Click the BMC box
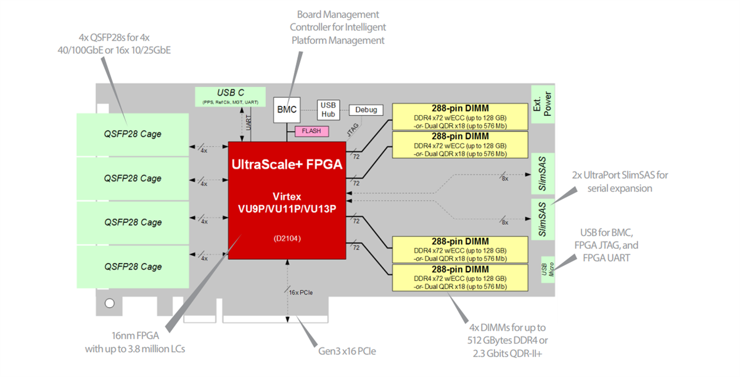point(287,110)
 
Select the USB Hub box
point(328,110)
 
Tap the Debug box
point(366,110)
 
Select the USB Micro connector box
point(548,270)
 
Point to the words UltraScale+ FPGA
point(286,164)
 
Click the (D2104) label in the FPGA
point(286,238)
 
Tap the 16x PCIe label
point(301,292)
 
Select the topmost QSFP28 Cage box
point(132,134)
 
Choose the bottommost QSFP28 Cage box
point(132,267)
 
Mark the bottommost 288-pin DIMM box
point(460,278)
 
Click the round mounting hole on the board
point(110,303)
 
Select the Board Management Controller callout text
point(338,27)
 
